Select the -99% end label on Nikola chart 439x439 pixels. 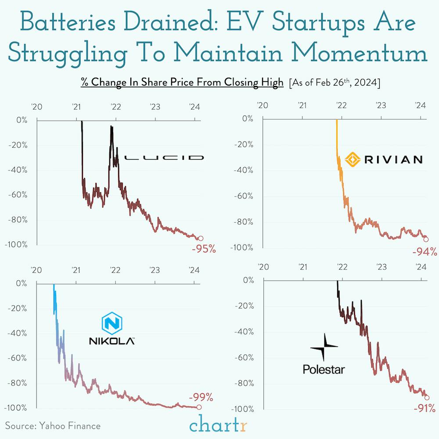click(201, 398)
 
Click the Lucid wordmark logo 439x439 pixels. click(164, 157)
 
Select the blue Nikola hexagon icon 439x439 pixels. click(112, 324)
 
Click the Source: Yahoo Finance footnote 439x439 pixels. click(53, 425)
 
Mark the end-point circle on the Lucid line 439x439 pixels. click(201, 238)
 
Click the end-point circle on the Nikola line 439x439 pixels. click(200, 407)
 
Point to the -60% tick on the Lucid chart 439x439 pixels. click(18, 195)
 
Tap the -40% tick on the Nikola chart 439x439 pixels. click(18, 333)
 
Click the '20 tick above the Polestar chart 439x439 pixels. click(263, 266)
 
